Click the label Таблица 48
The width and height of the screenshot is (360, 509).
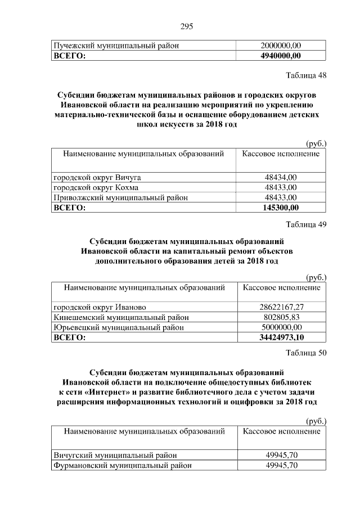coord(306,75)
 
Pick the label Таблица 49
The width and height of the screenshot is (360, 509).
coord(306,226)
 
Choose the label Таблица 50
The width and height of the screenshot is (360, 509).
coord(306,353)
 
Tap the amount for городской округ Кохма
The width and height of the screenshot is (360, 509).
coord(281,187)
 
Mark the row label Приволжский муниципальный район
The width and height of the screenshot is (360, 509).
coord(120,197)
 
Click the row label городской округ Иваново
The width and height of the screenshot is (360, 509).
coord(100,307)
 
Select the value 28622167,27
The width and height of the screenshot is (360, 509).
coord(281,307)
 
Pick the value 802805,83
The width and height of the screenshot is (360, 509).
coord(281,317)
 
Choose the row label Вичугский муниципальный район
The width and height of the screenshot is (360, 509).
coord(116,455)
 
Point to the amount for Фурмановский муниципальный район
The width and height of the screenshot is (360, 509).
coord(281,465)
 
